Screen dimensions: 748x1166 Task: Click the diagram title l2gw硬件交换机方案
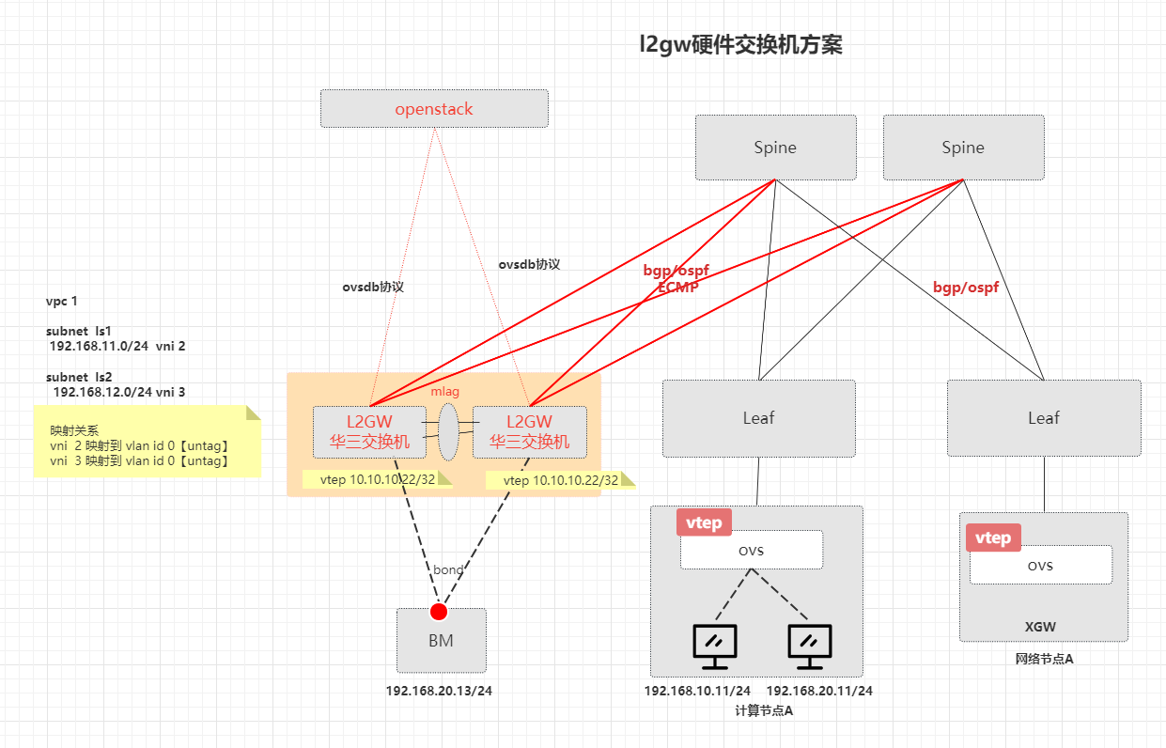coord(740,44)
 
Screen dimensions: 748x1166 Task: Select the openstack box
coord(434,109)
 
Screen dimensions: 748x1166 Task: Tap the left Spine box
coord(775,148)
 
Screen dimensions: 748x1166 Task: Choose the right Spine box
coord(963,148)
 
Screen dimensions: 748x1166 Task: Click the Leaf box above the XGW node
coord(1044,418)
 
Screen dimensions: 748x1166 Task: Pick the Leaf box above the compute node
coord(758,418)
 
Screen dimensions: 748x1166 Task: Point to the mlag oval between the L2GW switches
coord(448,432)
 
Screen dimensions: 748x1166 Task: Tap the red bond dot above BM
coord(438,612)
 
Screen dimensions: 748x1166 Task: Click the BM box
coord(441,642)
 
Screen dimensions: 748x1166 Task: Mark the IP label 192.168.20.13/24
coord(439,691)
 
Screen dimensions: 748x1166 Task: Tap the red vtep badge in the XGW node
coord(993,538)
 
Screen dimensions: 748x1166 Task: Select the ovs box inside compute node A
coord(752,550)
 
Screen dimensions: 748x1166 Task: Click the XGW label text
coord(1042,627)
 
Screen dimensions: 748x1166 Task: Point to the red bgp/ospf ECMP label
coord(676,279)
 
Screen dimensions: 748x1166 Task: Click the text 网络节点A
coord(1044,659)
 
